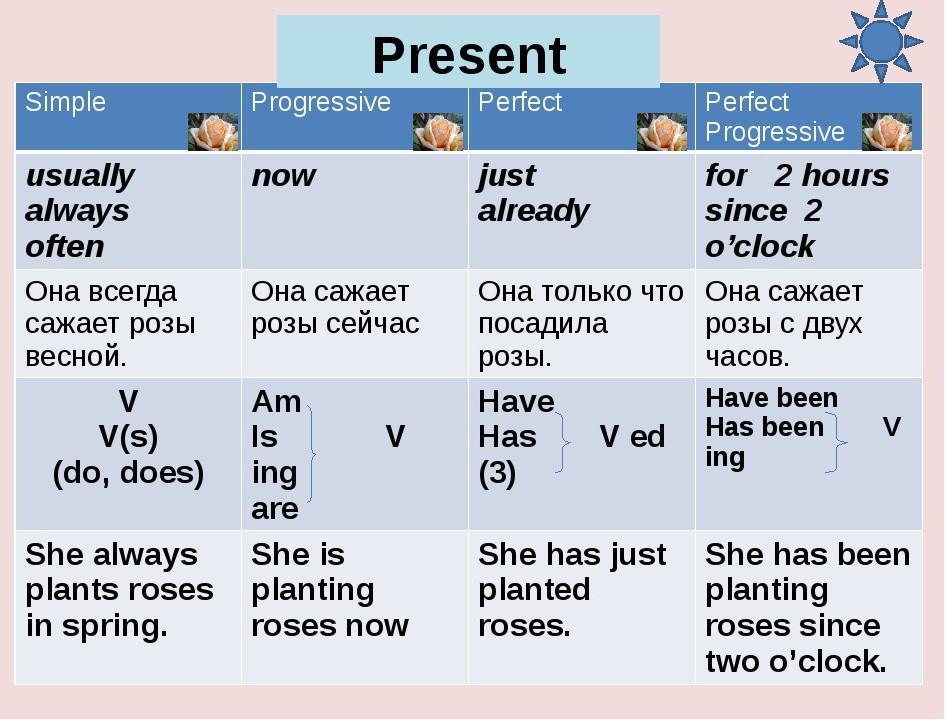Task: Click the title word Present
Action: (469, 55)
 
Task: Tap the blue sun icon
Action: (881, 41)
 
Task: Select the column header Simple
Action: (65, 102)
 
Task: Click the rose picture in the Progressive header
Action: (438, 131)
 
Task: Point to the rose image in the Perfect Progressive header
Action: (887, 131)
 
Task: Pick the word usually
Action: (80, 177)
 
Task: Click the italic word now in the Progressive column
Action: (283, 176)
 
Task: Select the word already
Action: (533, 211)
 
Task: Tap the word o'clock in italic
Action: (759, 246)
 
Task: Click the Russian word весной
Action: (76, 356)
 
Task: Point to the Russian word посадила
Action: (543, 324)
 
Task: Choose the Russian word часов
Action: (747, 356)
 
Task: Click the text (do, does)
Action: (128, 473)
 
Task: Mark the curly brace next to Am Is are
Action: (312, 453)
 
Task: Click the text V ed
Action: (632, 436)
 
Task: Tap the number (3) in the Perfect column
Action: (497, 474)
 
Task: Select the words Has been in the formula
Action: (764, 427)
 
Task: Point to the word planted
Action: (534, 591)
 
